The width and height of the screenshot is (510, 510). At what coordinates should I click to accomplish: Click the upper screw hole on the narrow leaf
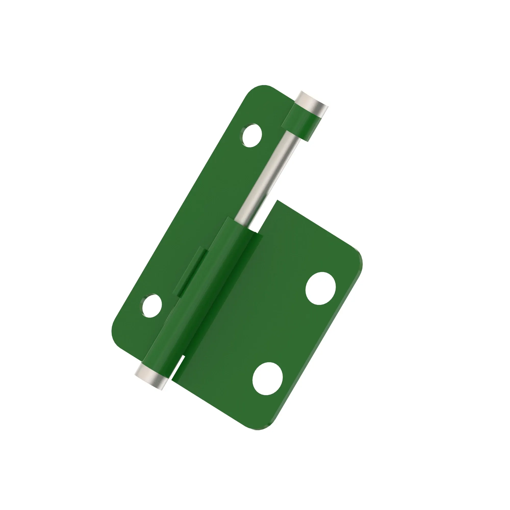pos(252,135)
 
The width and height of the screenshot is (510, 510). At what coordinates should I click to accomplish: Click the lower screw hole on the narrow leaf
pos(152,306)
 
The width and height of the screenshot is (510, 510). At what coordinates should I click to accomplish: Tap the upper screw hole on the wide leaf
pos(321,288)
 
